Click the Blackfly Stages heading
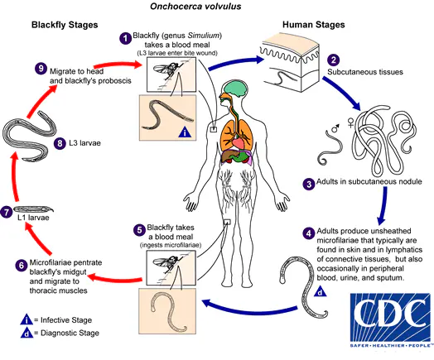(68, 25)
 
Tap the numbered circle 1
(125, 38)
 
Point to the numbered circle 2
(333, 60)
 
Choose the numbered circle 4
(308, 233)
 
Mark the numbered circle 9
(40, 69)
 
